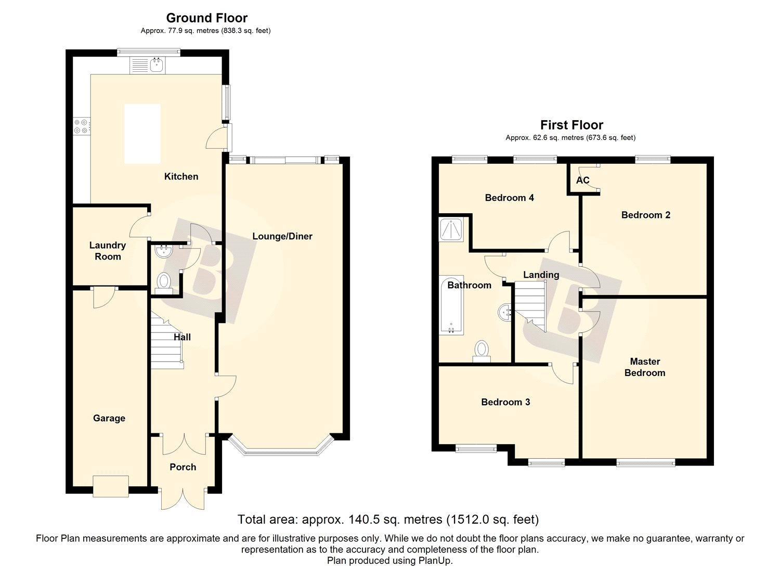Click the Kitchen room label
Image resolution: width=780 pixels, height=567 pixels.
click(181, 176)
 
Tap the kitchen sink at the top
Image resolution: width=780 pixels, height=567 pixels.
click(148, 65)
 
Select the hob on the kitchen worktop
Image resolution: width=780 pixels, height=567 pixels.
click(82, 126)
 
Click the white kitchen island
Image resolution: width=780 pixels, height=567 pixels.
click(142, 134)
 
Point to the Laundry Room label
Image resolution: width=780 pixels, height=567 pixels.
click(108, 251)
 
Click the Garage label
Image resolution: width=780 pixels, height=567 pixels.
click(109, 418)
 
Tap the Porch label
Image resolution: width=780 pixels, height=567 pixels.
click(183, 467)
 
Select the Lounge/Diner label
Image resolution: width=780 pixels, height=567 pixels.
click(282, 236)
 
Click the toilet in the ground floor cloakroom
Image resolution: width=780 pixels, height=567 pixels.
click(163, 281)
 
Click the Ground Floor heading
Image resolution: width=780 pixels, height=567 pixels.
click(207, 18)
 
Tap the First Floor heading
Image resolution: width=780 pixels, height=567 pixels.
click(572, 125)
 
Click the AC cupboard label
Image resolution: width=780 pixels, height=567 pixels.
click(583, 180)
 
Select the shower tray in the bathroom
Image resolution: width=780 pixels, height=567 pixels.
click(451, 229)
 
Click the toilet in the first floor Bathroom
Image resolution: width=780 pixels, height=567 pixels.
click(482, 352)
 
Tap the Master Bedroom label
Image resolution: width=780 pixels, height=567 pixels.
click(645, 367)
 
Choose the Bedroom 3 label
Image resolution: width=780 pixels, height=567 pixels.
click(505, 402)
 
